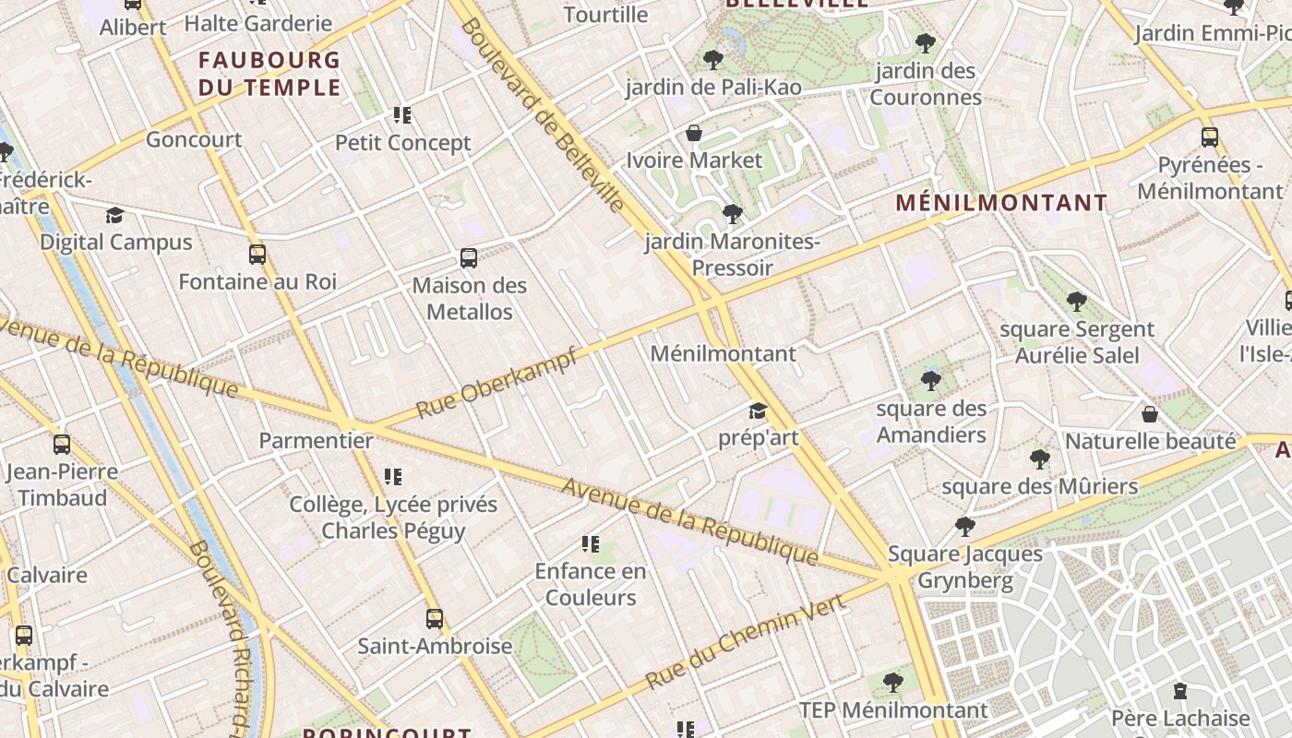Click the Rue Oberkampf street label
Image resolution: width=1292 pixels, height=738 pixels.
[x=496, y=382]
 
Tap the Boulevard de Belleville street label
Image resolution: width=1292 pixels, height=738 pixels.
[x=542, y=115]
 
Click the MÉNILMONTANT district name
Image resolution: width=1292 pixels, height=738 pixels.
[x=1001, y=203]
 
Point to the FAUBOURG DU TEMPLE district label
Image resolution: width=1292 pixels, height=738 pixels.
[x=269, y=74]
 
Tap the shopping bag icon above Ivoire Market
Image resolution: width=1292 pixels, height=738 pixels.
[x=694, y=134]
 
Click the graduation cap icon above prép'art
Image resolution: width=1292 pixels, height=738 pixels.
[x=758, y=411]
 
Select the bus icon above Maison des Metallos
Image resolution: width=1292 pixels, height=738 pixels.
[x=469, y=258]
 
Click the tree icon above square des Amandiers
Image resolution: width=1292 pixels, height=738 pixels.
[x=930, y=380]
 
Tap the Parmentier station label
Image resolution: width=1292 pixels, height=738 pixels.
[x=316, y=440]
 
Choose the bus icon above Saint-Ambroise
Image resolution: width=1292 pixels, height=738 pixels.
[x=435, y=618]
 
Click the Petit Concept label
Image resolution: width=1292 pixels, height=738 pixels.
[x=402, y=143]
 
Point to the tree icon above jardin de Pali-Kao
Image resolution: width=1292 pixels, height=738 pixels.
[x=712, y=61]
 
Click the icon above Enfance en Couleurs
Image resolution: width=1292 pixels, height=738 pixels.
[x=591, y=544]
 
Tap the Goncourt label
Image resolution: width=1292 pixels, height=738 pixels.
[x=194, y=139]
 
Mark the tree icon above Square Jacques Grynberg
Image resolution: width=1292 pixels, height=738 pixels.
[x=965, y=527]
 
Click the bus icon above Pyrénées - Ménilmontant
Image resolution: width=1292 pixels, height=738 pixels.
[x=1210, y=137]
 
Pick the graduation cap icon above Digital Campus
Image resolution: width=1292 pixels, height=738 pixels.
[x=114, y=216]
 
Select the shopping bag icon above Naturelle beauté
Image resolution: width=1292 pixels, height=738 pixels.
[x=1150, y=414]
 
